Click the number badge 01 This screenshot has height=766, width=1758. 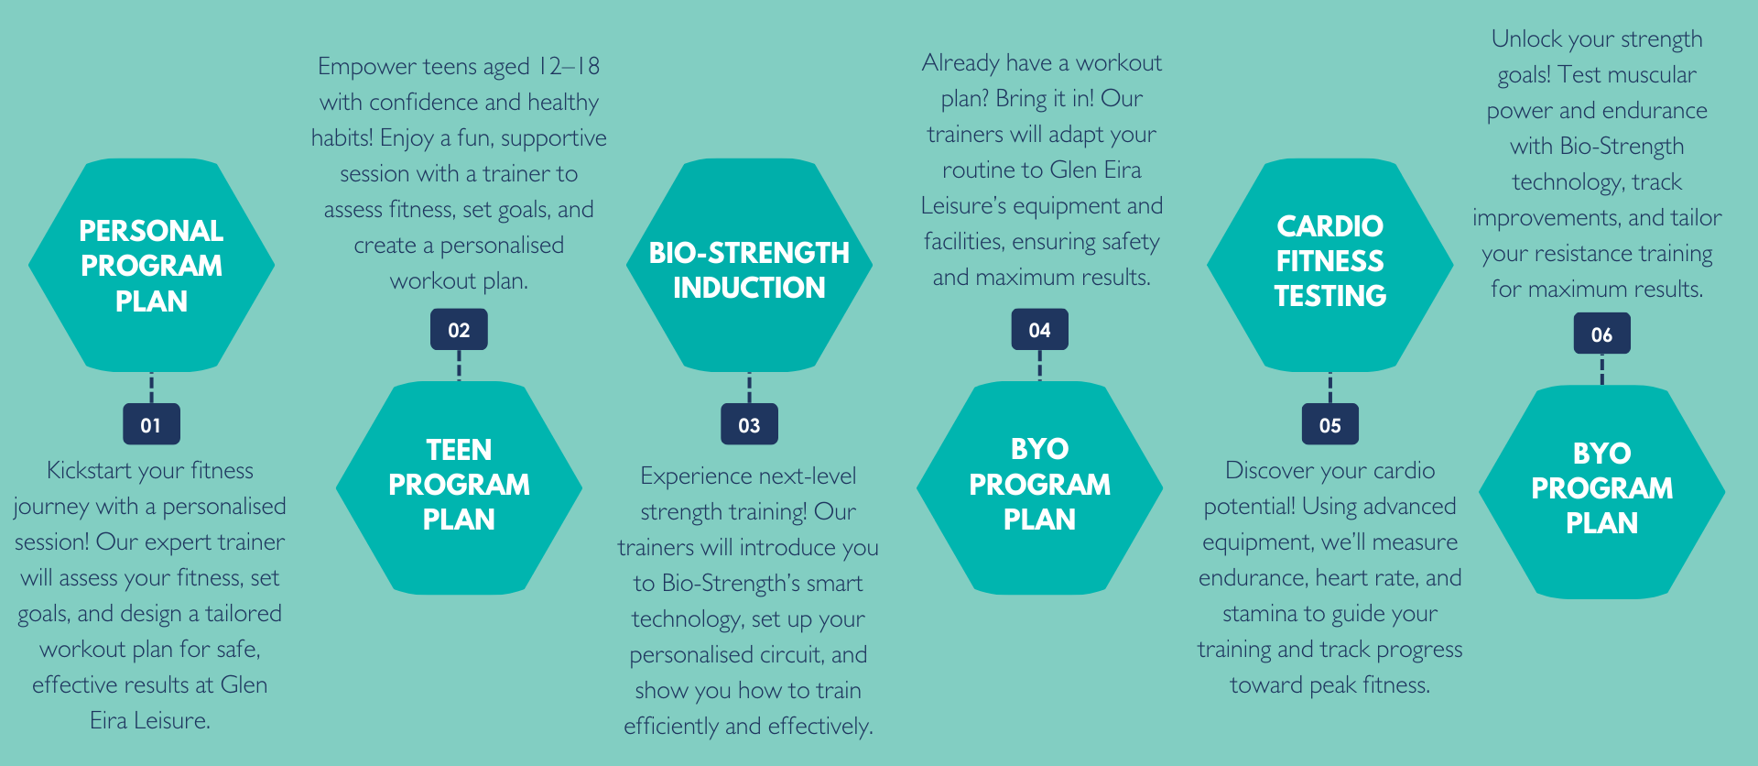151,424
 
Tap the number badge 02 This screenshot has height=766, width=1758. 459,330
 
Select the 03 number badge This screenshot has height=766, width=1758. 749,424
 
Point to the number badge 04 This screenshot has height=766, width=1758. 1039,330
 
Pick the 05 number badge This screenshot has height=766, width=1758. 1329,424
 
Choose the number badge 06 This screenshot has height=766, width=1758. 1601,334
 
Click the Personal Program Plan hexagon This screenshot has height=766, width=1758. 151,265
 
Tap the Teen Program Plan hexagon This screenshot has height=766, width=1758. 459,487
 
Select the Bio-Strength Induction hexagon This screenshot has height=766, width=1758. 749,265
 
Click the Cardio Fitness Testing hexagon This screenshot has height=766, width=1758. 1329,265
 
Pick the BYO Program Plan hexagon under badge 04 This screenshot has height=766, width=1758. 1039,487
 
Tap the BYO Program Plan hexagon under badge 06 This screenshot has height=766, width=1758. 1601,492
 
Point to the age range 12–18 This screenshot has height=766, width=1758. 569,66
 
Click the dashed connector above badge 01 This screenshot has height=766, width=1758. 151,388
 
